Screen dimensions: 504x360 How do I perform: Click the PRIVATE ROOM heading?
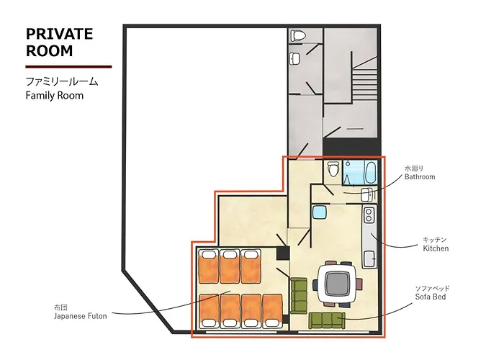60,42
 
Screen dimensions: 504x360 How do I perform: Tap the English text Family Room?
55,96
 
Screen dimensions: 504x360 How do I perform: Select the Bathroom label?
420,176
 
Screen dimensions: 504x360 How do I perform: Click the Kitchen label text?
436,248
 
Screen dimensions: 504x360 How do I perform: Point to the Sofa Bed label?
431,297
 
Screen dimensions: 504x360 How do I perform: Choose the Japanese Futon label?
81,316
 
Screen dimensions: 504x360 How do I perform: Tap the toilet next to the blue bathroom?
333,168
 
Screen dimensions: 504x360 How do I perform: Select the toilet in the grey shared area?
296,35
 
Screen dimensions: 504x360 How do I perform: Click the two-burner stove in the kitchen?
369,215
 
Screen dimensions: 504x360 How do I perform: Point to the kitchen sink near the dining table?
369,258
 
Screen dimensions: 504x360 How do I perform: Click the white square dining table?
337,284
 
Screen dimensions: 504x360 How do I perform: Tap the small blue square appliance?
320,212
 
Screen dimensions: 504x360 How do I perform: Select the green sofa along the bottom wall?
327,320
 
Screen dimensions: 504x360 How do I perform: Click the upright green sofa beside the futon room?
299,296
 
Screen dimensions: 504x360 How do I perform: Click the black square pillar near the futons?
283,253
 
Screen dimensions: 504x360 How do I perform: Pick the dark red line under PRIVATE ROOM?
69,67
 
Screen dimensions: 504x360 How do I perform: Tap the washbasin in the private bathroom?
367,195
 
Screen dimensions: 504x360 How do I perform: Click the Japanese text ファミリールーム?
62,81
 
